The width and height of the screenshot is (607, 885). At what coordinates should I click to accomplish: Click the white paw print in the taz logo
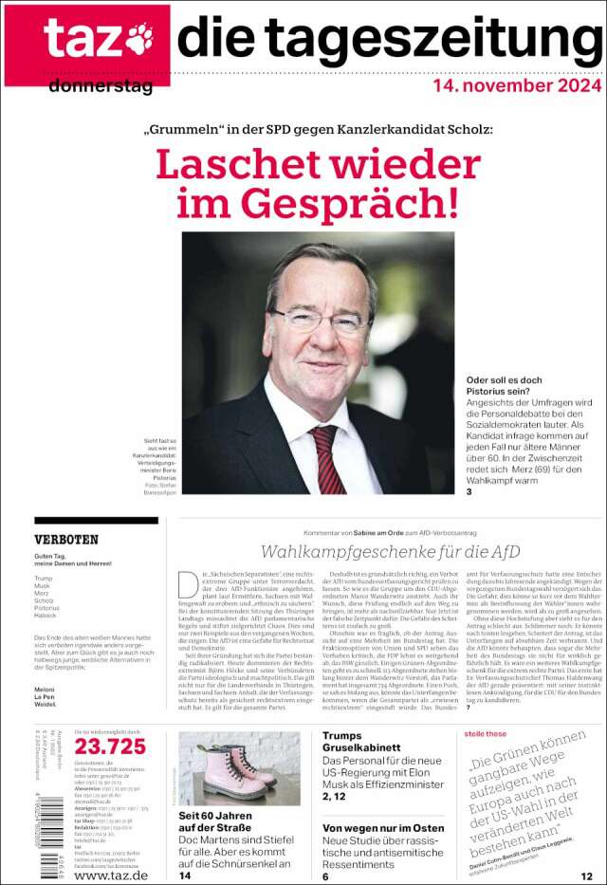(139, 39)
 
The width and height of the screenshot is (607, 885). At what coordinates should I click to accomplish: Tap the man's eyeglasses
(320, 320)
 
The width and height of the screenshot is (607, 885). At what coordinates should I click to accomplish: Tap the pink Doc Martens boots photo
(239, 767)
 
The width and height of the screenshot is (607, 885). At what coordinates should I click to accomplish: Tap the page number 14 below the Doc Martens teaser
(185, 876)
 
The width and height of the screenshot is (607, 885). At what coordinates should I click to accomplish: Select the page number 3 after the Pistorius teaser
(469, 491)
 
